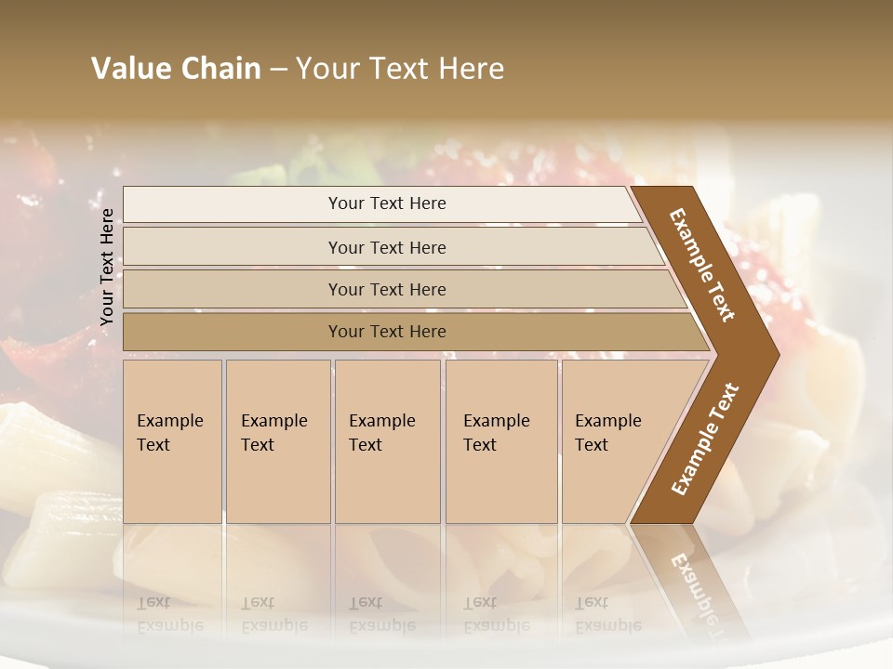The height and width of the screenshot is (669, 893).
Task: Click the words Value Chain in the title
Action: [176, 69]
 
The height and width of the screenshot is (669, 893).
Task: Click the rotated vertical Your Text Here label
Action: [107, 267]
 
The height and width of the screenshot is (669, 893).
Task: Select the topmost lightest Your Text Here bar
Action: [386, 203]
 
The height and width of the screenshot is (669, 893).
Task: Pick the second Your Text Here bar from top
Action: [386, 247]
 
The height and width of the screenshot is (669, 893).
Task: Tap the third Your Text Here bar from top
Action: [386, 289]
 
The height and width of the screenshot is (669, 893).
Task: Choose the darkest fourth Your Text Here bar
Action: [386, 332]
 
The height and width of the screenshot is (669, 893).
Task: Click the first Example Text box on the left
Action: [172, 441]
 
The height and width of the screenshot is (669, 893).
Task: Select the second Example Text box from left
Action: [277, 441]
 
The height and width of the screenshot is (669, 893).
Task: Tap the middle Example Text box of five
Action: [386, 441]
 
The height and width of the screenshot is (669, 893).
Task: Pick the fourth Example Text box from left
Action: [500, 441]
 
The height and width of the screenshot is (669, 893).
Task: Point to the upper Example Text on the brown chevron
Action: [703, 265]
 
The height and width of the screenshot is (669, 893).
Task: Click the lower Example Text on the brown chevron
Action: [705, 439]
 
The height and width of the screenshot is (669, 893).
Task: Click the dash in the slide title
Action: [277, 70]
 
